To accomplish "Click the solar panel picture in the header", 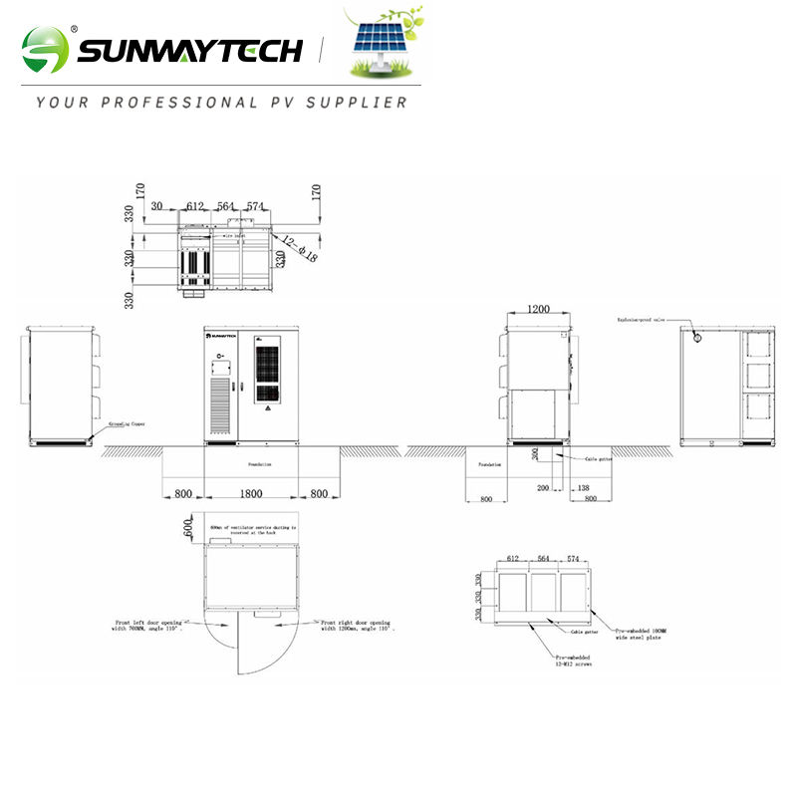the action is pos(384,45).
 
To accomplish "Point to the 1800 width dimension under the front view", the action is pos(251,493).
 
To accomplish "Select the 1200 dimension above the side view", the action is pos(538,310).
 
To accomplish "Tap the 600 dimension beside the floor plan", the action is pos(188,527).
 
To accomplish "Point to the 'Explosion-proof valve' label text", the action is pos(639,320).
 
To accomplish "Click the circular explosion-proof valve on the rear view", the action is pos(697,338).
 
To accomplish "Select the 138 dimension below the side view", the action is pos(582,489).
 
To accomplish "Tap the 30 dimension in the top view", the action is pos(157,206).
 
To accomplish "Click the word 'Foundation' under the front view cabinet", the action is pos(259,464).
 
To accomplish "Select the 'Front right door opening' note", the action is pos(357,625).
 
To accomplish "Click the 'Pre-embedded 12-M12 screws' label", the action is pos(575,662).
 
